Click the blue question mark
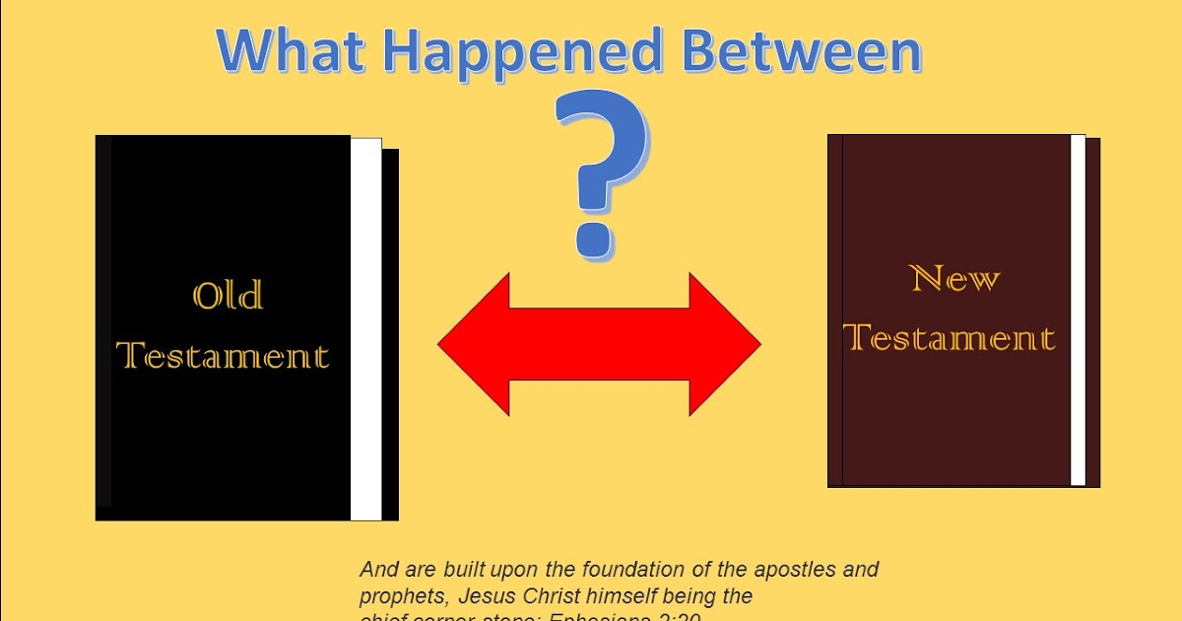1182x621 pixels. click(602, 168)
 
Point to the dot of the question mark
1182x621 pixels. click(595, 238)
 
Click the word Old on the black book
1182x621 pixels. click(228, 296)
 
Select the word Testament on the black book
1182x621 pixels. click(223, 355)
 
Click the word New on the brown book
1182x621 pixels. click(954, 279)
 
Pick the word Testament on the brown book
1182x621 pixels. click(951, 337)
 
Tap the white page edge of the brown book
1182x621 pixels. click(1078, 310)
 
